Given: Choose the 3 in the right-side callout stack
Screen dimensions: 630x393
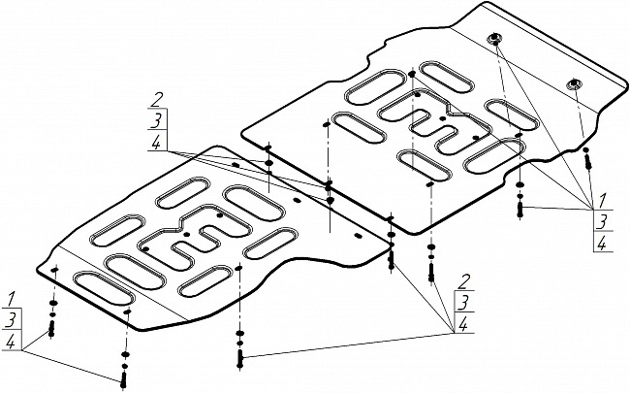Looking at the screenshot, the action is click(x=602, y=221).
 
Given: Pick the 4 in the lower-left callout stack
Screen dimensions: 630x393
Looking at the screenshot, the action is click(x=11, y=342).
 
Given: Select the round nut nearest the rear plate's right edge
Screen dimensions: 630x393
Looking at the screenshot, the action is click(x=575, y=83).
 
